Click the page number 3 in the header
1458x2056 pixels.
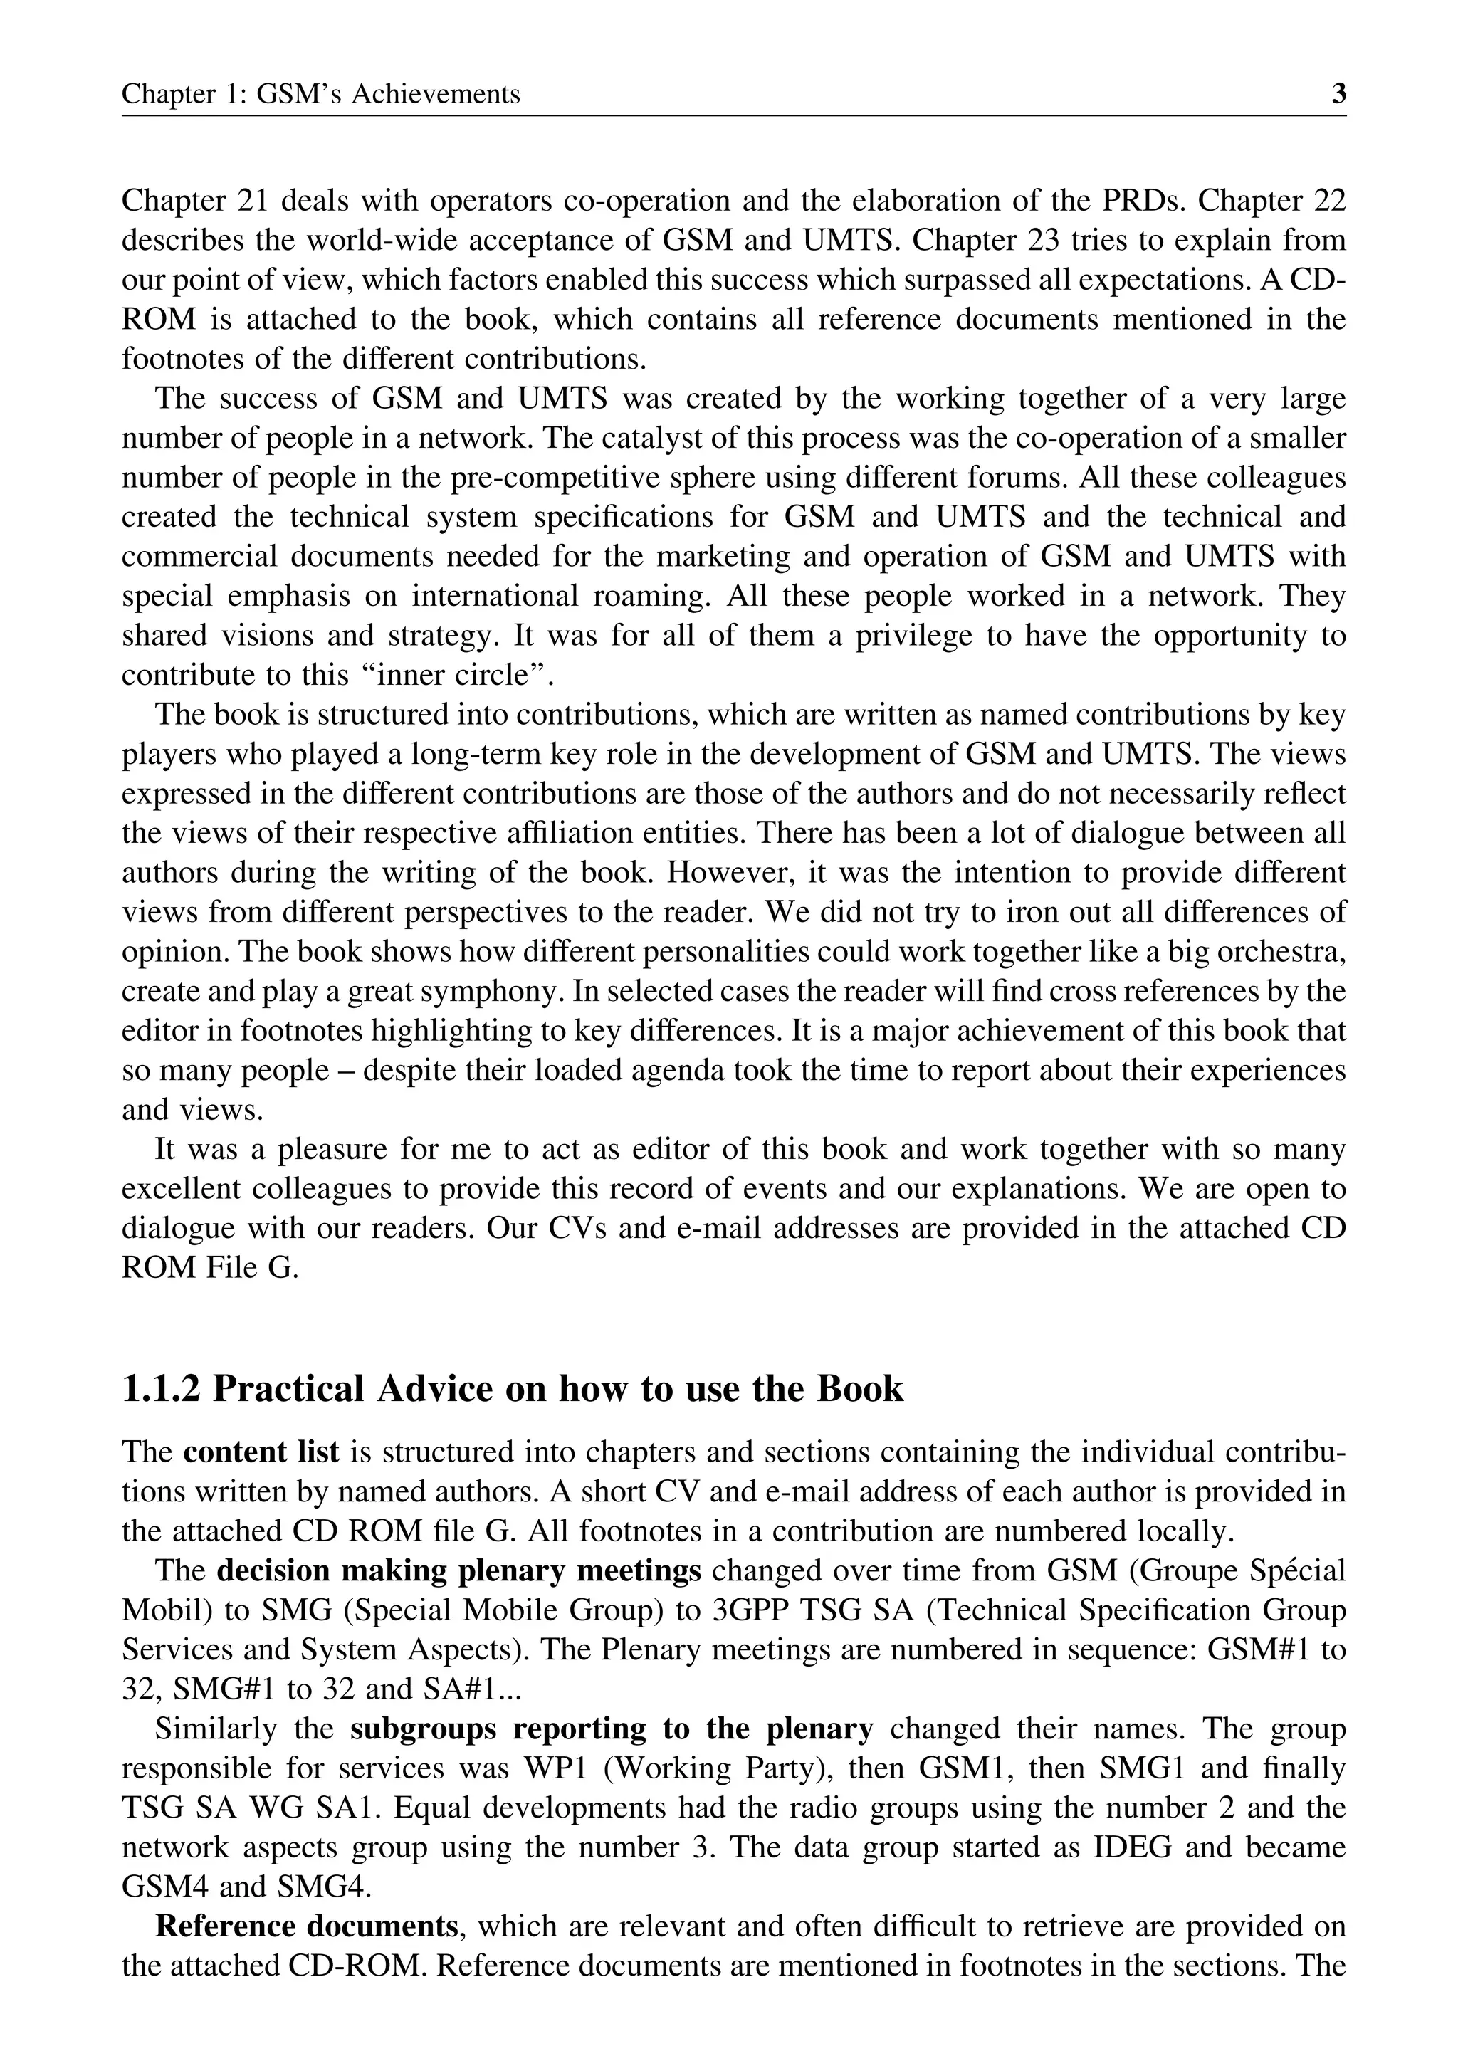(1338, 93)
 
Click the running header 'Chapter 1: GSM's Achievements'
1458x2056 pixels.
(320, 93)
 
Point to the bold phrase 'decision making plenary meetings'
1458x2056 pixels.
(458, 1571)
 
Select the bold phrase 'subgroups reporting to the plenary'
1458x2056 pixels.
(612, 1729)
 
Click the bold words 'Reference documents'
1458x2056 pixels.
(307, 1926)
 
